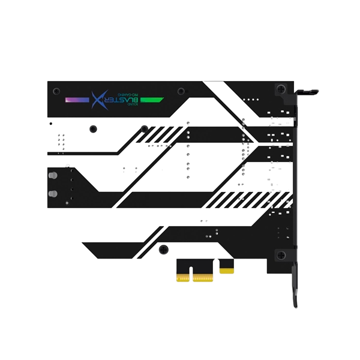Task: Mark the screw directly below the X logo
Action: (93, 128)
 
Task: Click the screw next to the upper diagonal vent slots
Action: (145, 128)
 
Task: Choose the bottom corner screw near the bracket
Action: (280, 254)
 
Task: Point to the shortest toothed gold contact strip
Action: (182, 277)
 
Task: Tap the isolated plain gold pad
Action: (227, 270)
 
